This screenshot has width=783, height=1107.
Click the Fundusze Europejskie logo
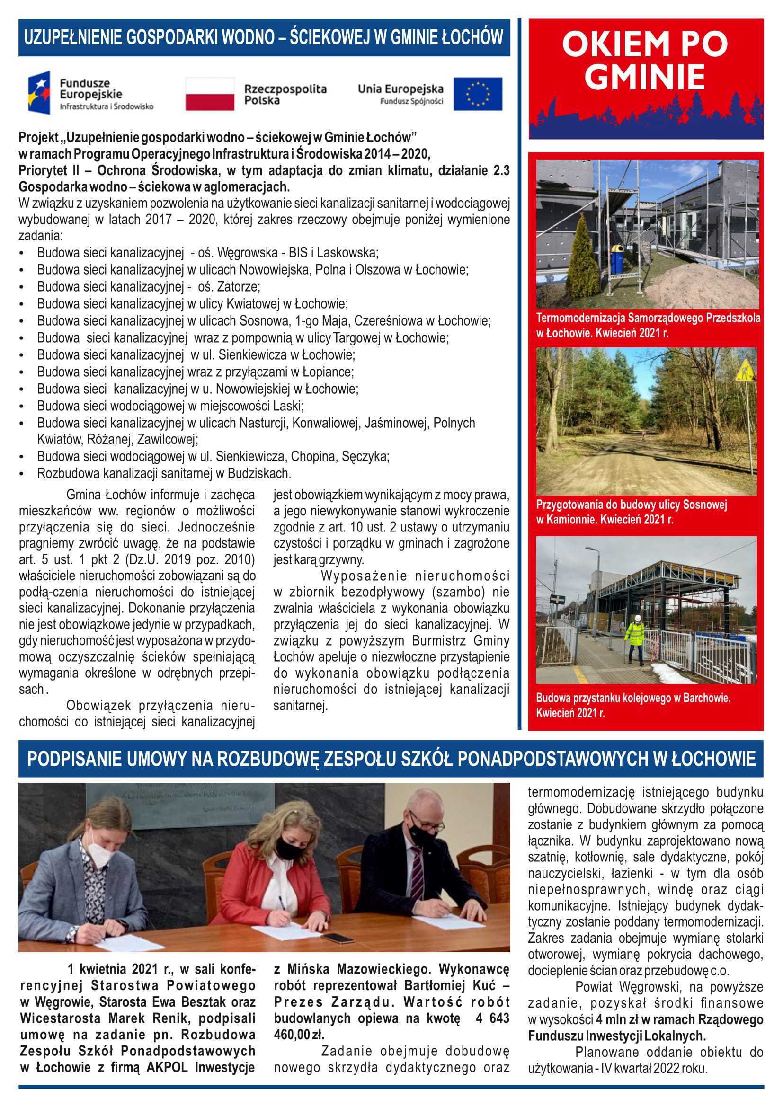[x=90, y=93]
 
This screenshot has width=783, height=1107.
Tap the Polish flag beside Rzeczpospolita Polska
[x=210, y=94]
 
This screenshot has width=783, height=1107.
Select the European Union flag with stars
[x=477, y=94]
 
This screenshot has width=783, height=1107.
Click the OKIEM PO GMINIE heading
[x=645, y=60]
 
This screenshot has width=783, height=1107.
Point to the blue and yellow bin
[x=617, y=258]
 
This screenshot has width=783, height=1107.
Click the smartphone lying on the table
[x=338, y=938]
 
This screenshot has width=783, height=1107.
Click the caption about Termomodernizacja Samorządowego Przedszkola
[x=648, y=325]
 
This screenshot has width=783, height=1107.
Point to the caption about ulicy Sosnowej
[x=631, y=512]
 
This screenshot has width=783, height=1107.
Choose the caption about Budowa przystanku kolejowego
[x=632, y=705]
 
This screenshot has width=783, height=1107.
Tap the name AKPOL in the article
[x=166, y=1067]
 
